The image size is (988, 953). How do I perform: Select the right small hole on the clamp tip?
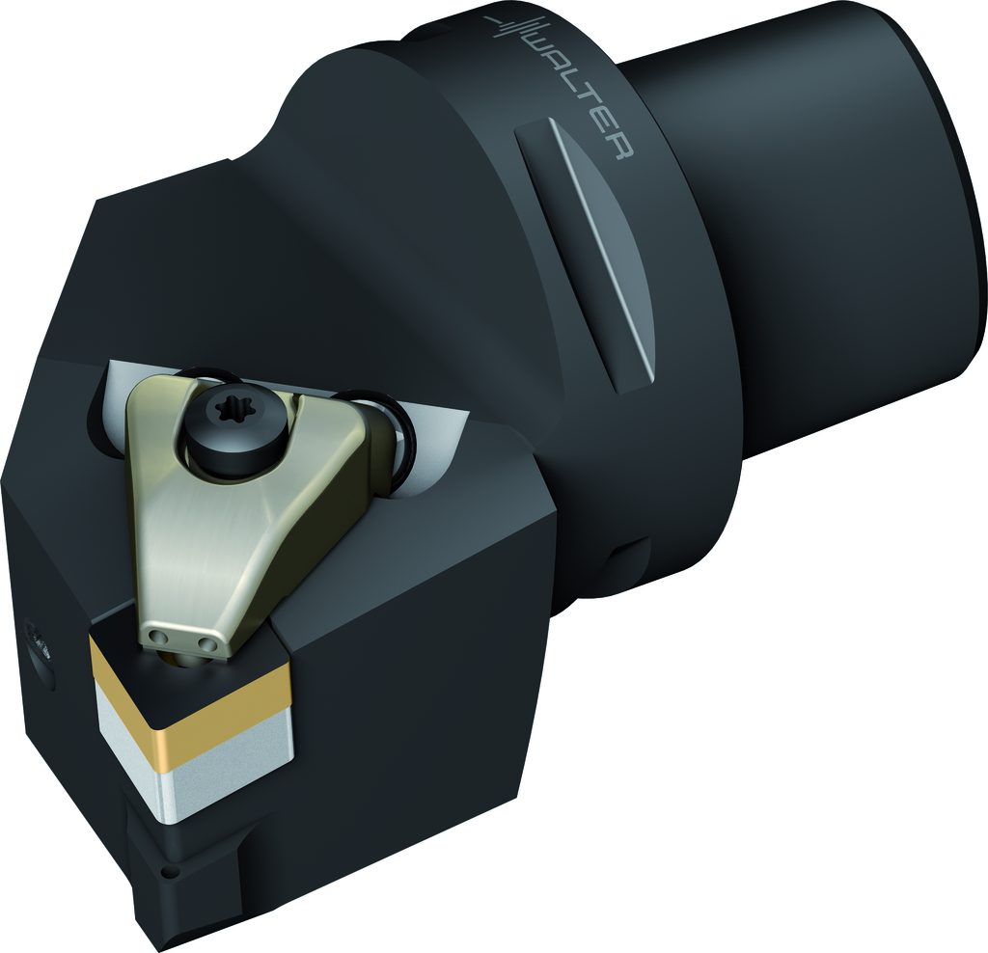203,642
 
